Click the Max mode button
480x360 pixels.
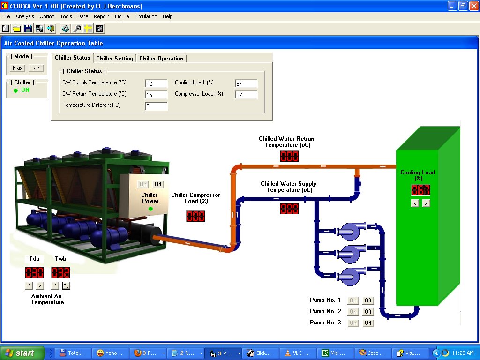coord(18,68)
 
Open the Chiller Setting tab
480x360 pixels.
coord(115,59)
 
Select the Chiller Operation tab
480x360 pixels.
coord(162,59)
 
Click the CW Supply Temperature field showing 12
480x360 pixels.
coord(156,83)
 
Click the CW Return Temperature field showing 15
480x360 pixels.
coord(156,95)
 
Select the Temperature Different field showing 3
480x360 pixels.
coord(156,106)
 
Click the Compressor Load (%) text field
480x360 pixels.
coord(246,95)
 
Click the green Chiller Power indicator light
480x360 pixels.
coord(150,209)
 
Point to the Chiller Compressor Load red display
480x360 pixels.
coord(195,216)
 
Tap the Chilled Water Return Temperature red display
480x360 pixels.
coord(289,156)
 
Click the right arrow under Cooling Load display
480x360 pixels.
coord(426,203)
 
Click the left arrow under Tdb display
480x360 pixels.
coord(29,285)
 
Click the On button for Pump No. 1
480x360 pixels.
coord(353,300)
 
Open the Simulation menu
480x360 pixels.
coord(146,16)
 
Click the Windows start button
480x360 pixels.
coord(22,353)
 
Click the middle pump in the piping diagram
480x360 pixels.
coord(349,254)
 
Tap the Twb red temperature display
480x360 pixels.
coord(60,272)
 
